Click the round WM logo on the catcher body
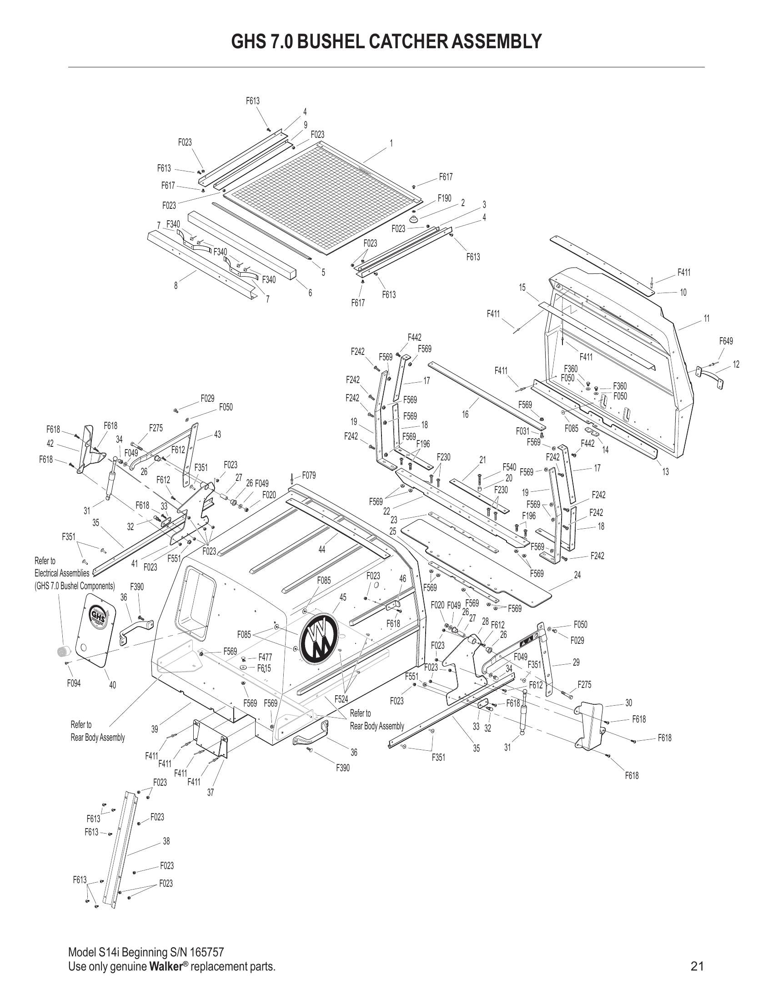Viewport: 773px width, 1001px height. (x=318, y=637)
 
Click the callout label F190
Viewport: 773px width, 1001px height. (x=444, y=198)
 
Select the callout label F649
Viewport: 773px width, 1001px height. (x=726, y=341)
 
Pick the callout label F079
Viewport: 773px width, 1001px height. (x=309, y=475)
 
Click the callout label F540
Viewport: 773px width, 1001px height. (x=509, y=467)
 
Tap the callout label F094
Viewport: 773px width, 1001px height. (x=74, y=683)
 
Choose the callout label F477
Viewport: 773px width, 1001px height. (x=265, y=658)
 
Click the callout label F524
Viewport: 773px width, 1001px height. (x=341, y=699)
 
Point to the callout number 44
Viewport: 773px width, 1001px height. (x=321, y=550)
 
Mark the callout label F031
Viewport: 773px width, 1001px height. (x=522, y=431)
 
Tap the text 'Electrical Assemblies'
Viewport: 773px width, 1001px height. (x=62, y=573)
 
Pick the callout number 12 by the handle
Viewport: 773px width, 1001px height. (x=736, y=364)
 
